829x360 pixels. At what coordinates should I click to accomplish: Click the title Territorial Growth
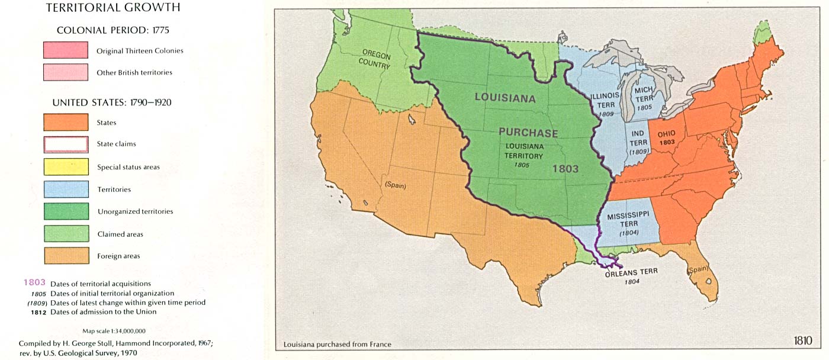113,8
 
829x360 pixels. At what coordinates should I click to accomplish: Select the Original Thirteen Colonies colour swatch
66,50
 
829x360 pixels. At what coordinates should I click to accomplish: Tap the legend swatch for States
66,123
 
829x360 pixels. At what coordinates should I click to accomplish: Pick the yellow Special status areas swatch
66,166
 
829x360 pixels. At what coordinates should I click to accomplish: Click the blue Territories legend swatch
66,189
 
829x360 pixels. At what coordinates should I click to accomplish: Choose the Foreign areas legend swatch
66,256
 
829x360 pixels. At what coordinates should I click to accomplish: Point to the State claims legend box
66,144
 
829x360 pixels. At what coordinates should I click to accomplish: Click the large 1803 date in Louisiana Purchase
565,169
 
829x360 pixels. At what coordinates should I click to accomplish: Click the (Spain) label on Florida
698,270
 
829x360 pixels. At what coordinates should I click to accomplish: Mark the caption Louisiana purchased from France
337,345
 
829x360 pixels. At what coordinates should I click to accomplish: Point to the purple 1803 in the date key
34,282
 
